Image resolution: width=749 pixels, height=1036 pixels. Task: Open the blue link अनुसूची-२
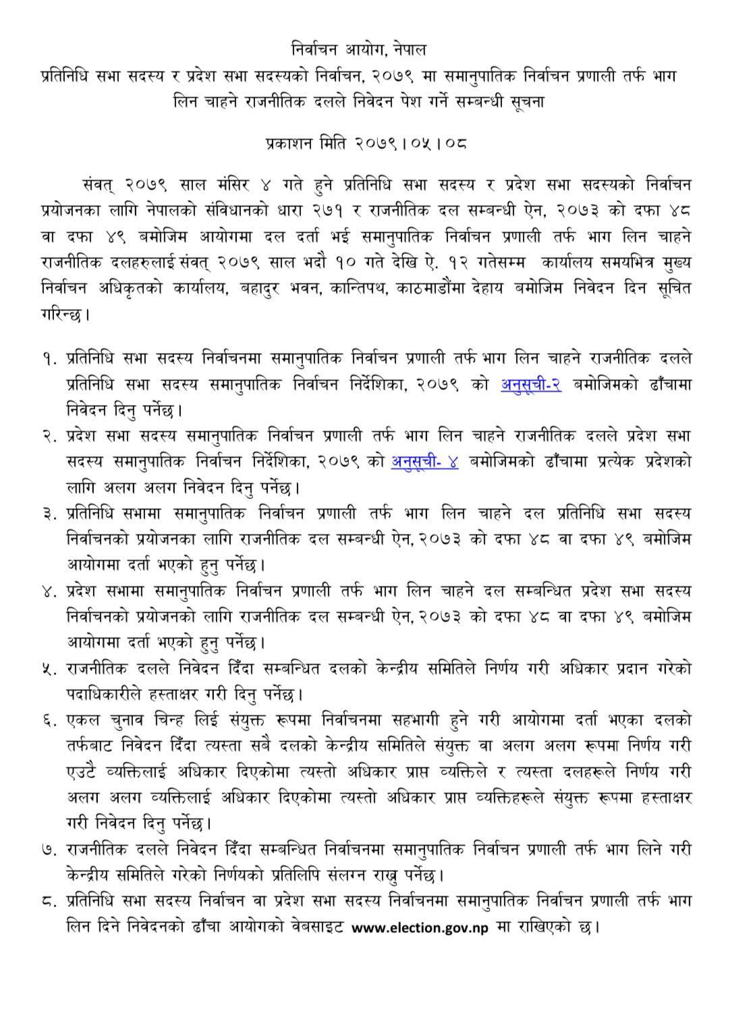(x=531, y=384)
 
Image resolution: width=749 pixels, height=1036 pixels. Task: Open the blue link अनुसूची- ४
(x=425, y=462)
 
